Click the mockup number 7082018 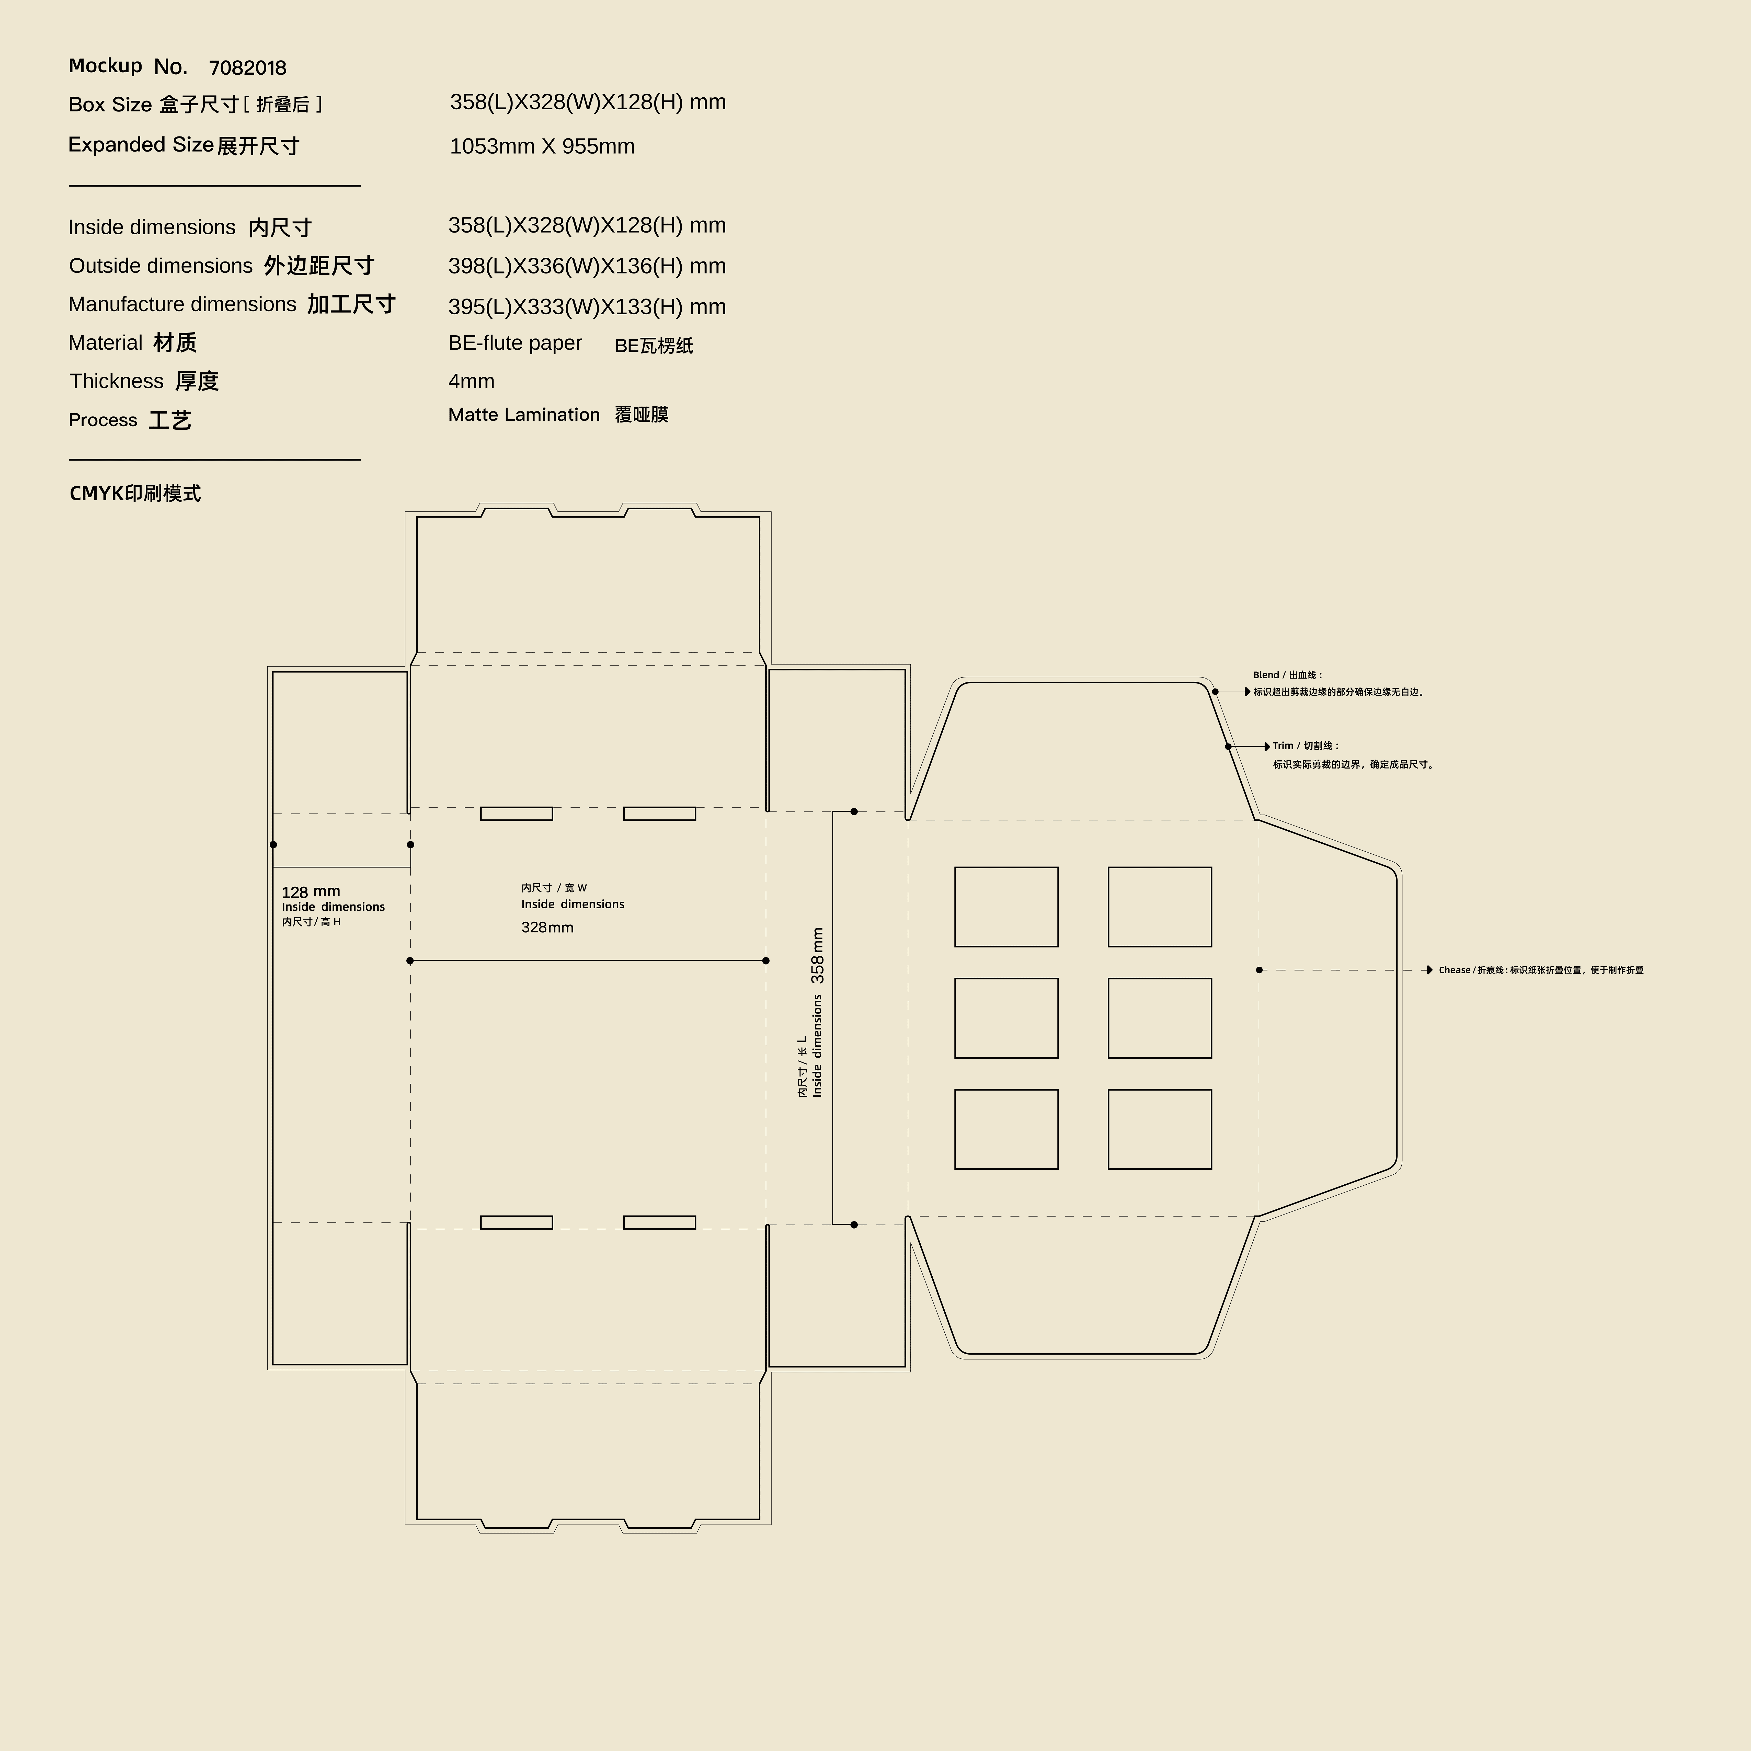247,68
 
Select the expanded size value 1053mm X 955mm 542,146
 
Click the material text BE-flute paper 515,344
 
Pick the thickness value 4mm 471,382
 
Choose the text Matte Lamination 524,415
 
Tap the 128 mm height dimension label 311,892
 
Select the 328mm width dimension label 547,927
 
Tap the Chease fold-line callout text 1541,970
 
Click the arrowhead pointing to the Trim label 1267,747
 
